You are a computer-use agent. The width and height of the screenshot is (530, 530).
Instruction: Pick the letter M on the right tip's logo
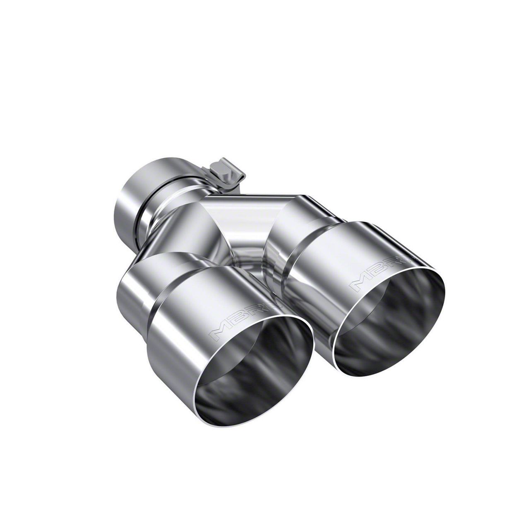tap(360, 284)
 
